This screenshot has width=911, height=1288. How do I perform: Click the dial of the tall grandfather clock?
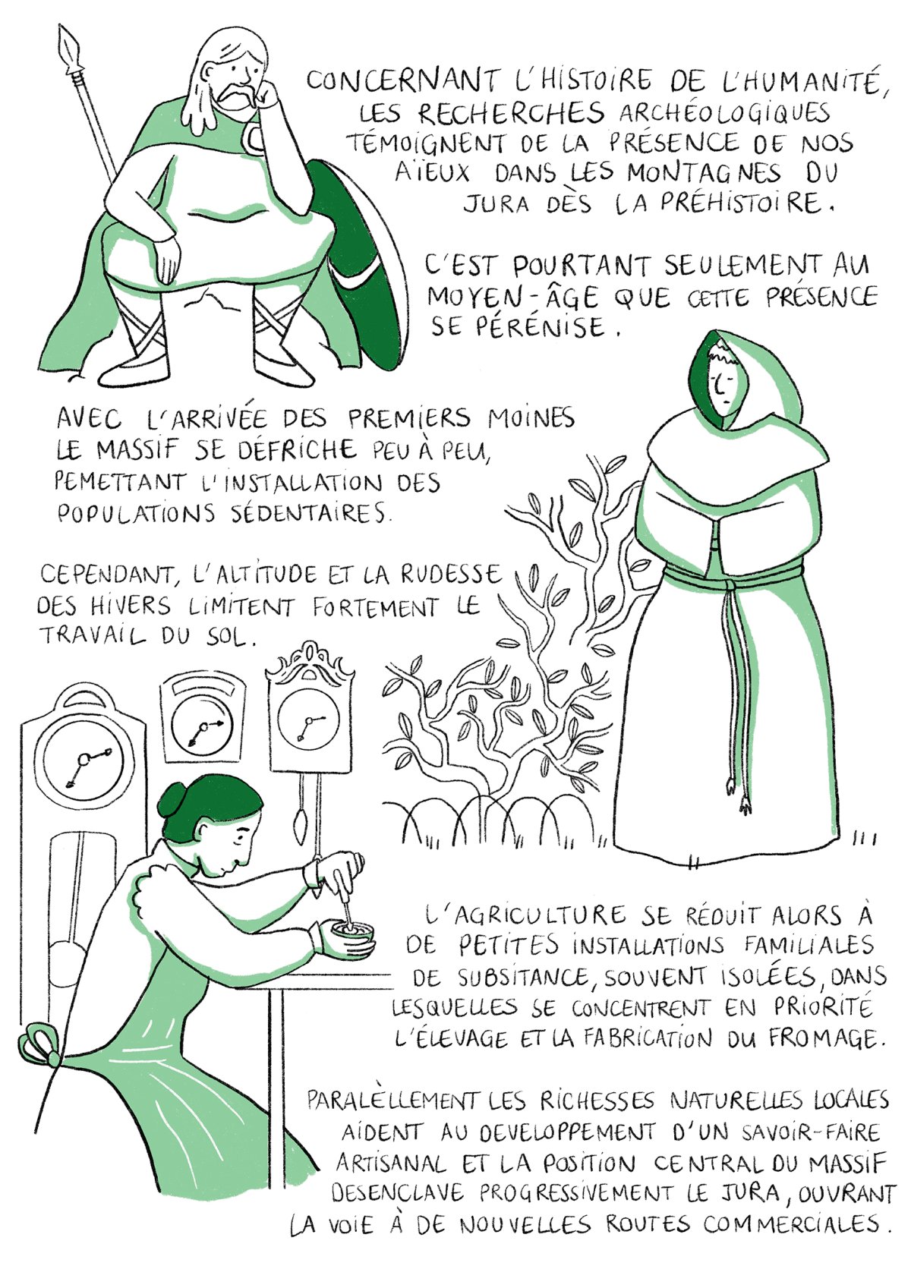[83, 759]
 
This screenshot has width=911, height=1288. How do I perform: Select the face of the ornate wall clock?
[309, 722]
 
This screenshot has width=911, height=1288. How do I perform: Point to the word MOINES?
[531, 418]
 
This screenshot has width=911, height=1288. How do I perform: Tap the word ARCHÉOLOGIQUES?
[724, 113]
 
